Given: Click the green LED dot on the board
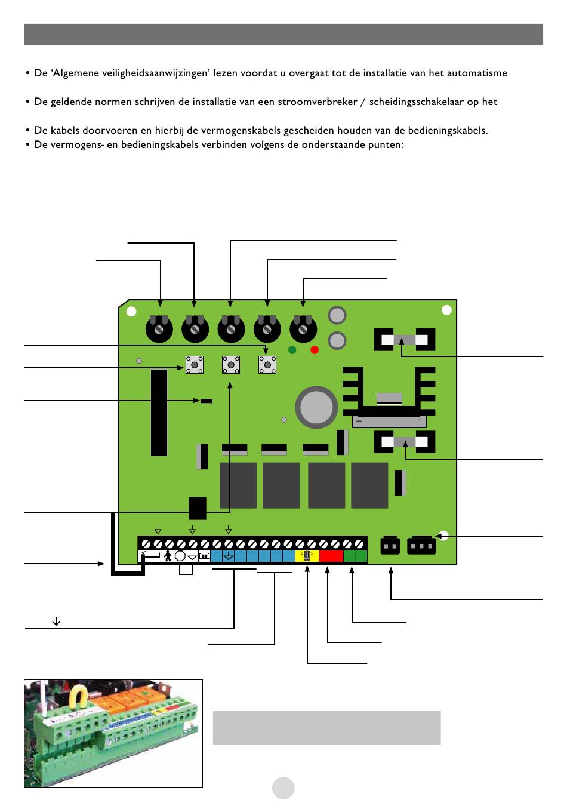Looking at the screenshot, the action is tap(292, 350).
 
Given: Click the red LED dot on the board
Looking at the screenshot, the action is tap(315, 350).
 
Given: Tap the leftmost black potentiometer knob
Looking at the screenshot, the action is tap(159, 328).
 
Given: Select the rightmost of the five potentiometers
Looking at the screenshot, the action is tap(303, 328).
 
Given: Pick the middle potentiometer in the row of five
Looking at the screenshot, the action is tap(231, 328).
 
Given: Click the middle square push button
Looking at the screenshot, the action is tap(231, 364).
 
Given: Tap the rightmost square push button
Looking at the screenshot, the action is tap(267, 364).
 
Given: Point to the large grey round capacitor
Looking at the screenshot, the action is tap(317, 407).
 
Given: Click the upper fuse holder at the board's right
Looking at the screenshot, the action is tap(404, 340).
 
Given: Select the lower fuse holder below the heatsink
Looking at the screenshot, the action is tap(404, 442).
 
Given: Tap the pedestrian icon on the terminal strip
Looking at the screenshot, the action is tap(168, 556).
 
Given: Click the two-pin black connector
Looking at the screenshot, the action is tap(390, 546).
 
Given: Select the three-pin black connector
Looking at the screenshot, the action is tap(421, 546).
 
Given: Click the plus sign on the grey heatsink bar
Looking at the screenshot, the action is tap(359, 421).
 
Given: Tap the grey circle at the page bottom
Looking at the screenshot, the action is tap(283, 788).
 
